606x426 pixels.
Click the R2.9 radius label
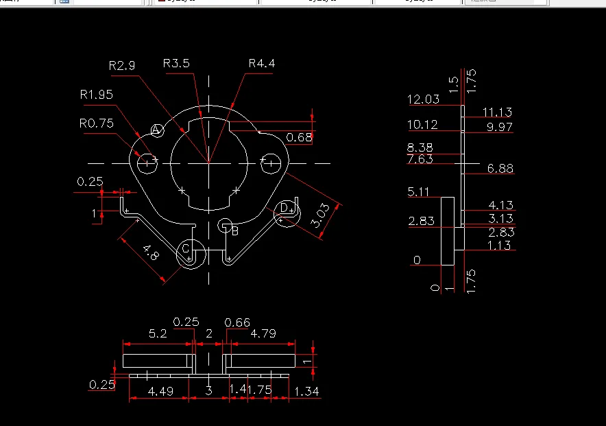tap(122, 66)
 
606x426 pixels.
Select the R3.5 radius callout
tap(176, 64)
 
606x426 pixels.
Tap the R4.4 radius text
tap(262, 64)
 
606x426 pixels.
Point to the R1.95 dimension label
tap(96, 95)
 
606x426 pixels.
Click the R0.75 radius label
tap(96, 123)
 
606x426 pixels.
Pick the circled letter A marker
tap(156, 130)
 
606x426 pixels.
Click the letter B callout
tap(234, 231)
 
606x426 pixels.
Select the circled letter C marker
tap(185, 248)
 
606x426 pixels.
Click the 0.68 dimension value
tap(299, 138)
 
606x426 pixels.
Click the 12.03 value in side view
tap(423, 99)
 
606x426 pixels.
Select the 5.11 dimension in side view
tap(418, 192)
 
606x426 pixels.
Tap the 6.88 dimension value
tap(500, 168)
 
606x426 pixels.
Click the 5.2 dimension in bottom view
tap(157, 334)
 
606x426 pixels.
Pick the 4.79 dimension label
tap(263, 334)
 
